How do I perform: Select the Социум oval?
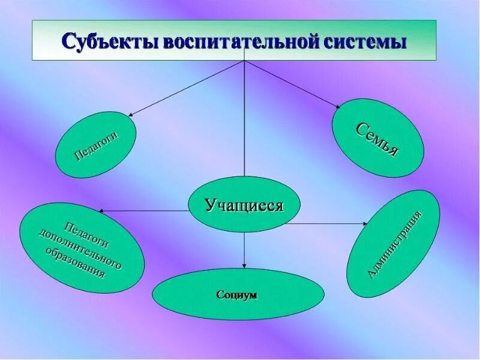coord(238,295)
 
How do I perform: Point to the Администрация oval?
coord(394,244)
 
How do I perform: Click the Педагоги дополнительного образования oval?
coord(82,247)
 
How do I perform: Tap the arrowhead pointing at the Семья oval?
coord(338,106)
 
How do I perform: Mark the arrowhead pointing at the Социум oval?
coord(244,266)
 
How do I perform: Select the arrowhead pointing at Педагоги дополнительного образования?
coord(101,211)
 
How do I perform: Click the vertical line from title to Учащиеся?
coord(244,120)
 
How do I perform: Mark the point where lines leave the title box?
coord(244,61)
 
